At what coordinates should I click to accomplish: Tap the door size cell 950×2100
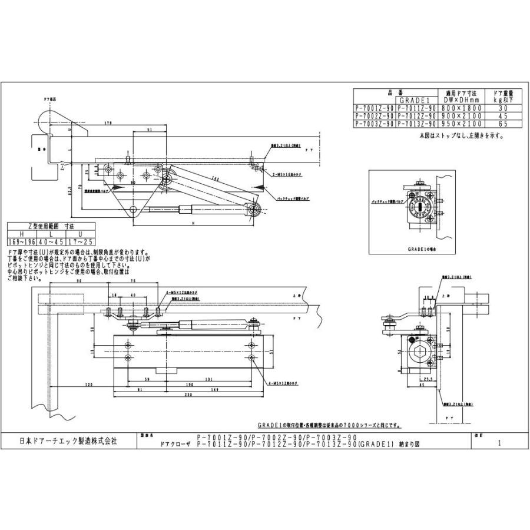pyautogui.click(x=461, y=124)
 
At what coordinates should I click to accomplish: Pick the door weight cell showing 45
pyautogui.click(x=502, y=116)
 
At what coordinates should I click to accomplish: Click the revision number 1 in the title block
pyautogui.click(x=499, y=445)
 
